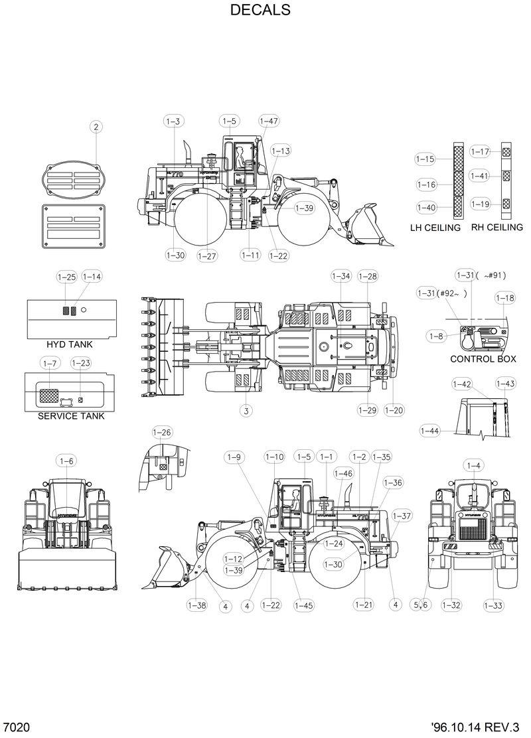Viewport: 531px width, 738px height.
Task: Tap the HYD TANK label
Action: coord(70,344)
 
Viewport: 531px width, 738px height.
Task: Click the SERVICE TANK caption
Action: coord(71,416)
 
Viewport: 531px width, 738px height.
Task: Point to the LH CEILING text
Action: coord(435,228)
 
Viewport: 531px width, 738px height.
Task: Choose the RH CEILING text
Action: coord(497,227)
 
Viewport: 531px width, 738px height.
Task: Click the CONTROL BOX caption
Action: coord(483,359)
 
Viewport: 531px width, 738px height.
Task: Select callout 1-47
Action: coord(269,121)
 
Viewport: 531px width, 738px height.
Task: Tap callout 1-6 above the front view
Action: coord(67,461)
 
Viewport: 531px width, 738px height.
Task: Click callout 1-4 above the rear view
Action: coord(473,465)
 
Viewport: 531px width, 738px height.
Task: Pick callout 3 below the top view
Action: coord(246,411)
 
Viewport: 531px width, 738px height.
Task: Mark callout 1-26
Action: coord(162,433)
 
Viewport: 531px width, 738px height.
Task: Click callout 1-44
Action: coord(429,431)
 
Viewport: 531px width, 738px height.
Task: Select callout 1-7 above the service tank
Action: coord(50,363)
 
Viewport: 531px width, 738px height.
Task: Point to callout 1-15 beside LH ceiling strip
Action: coord(425,159)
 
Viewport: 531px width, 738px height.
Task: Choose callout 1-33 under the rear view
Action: coord(493,605)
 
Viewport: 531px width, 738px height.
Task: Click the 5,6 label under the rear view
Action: coord(421,605)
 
